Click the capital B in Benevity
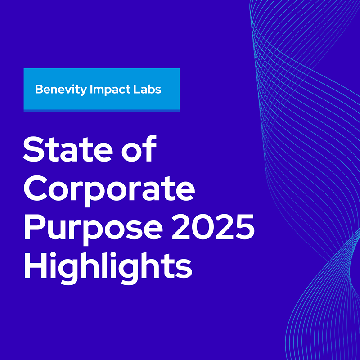click(39, 89)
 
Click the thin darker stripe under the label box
click(102, 111)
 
